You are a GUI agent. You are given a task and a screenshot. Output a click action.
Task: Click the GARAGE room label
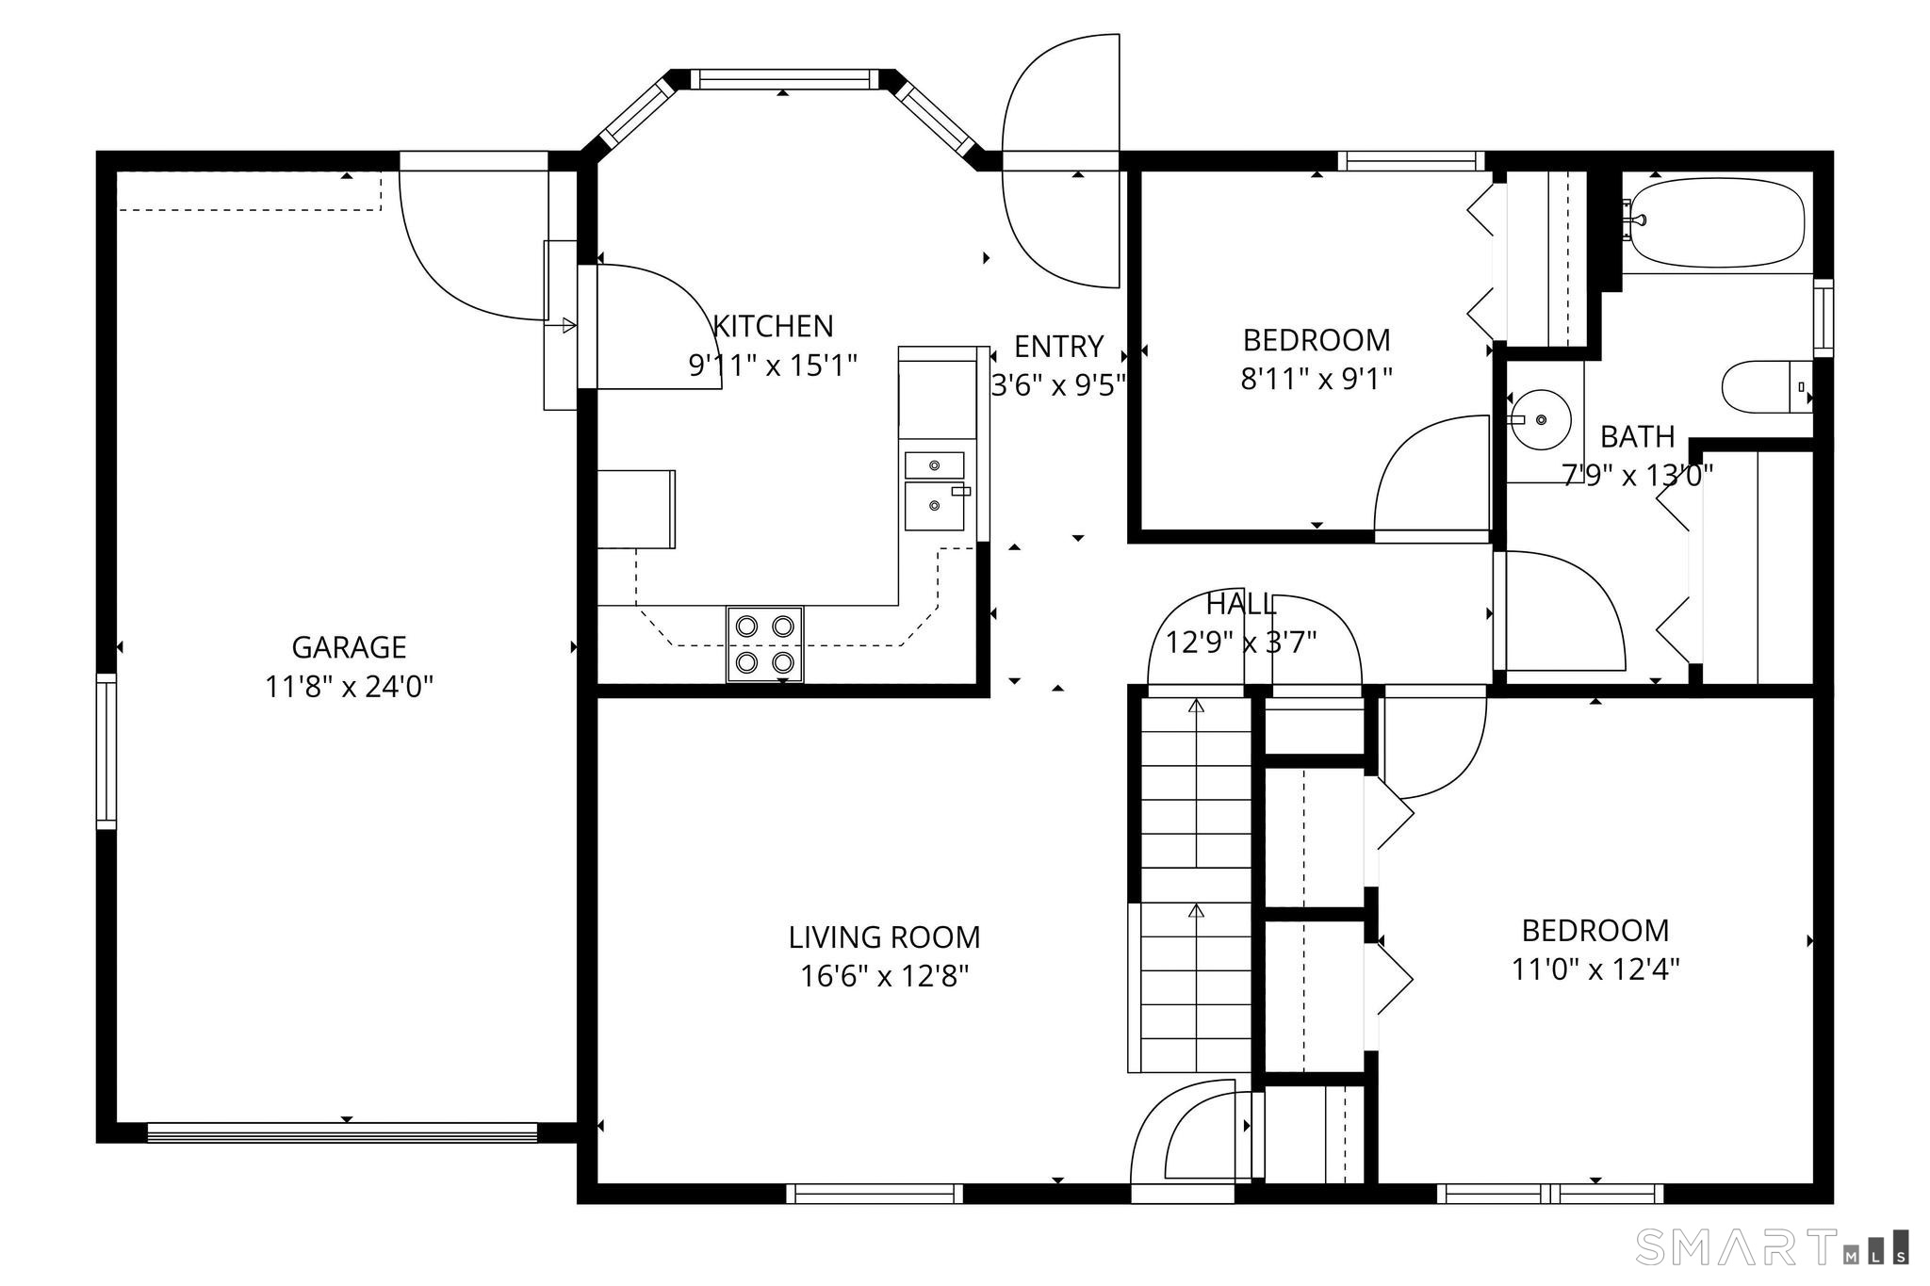pos(349,647)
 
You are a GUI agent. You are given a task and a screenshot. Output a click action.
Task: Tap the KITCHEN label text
pos(773,326)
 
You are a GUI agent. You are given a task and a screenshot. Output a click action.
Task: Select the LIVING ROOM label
pos(884,937)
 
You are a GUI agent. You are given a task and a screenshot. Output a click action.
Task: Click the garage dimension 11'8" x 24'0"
pos(349,687)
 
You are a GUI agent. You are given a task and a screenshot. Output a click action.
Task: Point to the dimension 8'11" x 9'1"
pos(1317,379)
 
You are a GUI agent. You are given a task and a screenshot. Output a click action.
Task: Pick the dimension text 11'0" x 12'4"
pos(1595,969)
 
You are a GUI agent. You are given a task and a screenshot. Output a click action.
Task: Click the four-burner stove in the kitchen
pos(764,644)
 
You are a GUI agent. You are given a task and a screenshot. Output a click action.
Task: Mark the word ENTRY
pos(1058,347)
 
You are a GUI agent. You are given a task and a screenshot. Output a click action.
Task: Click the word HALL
pos(1241,604)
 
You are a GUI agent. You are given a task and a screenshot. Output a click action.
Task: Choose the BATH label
pos(1638,437)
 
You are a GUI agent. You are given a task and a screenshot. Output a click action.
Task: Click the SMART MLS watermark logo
pos(1773,1246)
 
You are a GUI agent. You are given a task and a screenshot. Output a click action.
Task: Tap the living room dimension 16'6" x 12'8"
pos(884,977)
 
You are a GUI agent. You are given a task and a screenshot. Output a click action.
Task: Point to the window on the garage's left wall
pos(106,752)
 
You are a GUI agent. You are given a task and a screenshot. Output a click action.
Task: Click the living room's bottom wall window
pos(875,1194)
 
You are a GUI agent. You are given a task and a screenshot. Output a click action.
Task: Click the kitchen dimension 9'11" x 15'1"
pos(773,366)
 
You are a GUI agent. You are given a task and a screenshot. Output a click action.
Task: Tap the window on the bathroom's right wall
pos(1824,318)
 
